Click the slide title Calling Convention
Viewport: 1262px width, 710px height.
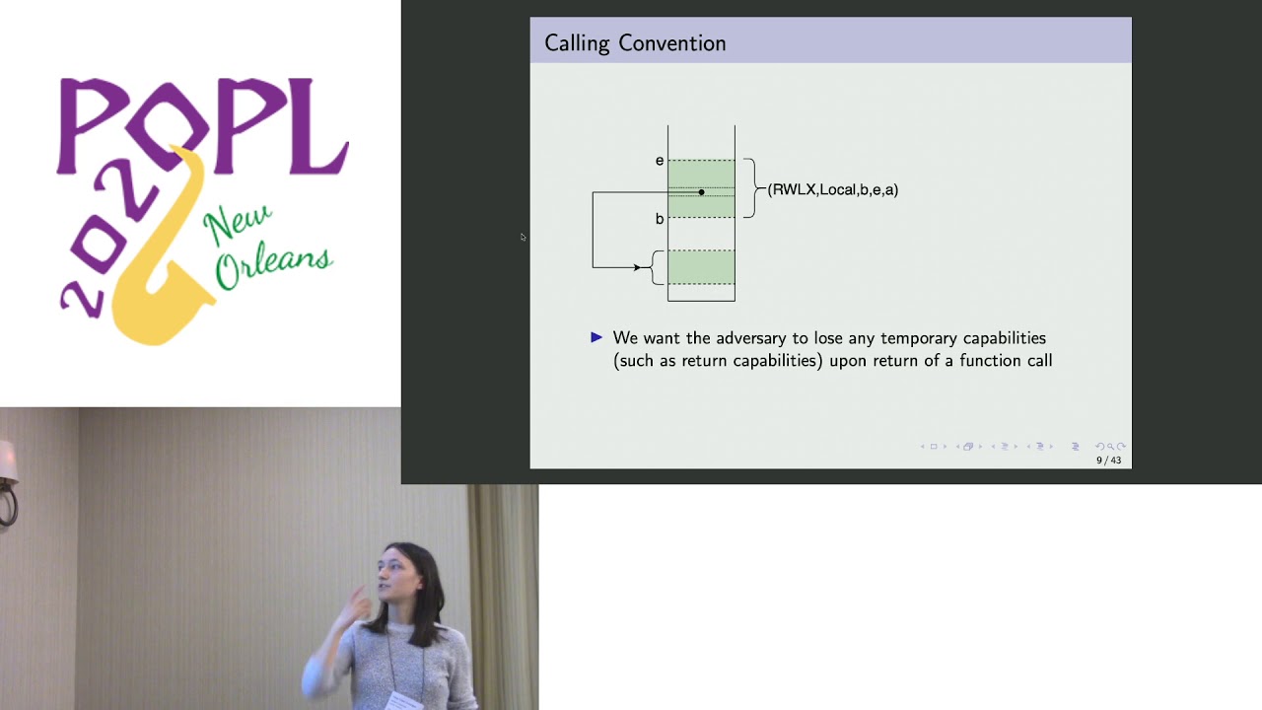click(635, 43)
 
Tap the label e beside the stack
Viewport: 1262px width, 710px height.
click(660, 161)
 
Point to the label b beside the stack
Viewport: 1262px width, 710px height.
click(660, 219)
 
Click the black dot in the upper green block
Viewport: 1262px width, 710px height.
click(701, 192)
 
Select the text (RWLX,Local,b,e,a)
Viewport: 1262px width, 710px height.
click(833, 189)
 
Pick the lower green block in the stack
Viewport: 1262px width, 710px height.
click(701, 266)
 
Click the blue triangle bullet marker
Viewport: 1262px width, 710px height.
click(596, 337)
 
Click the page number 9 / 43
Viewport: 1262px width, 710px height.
click(1108, 461)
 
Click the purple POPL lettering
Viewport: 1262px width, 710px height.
click(202, 123)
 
